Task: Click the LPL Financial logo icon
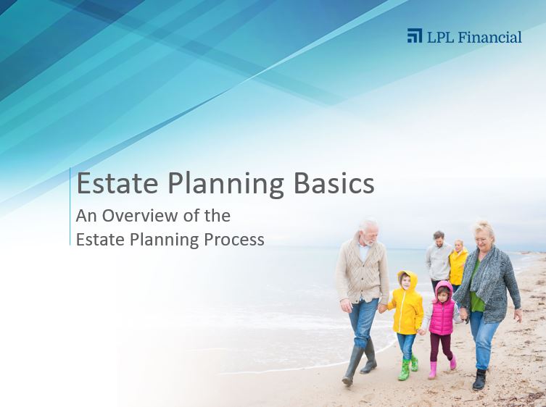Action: [x=414, y=35]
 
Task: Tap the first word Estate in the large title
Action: [x=117, y=183]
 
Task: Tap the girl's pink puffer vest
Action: [x=441, y=317]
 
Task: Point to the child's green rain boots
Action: [x=408, y=369]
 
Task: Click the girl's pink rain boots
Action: [x=442, y=367]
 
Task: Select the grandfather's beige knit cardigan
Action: [x=363, y=270]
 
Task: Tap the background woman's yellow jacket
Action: [x=458, y=266]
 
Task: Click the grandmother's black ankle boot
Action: [x=479, y=379]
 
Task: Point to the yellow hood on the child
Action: [x=408, y=279]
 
